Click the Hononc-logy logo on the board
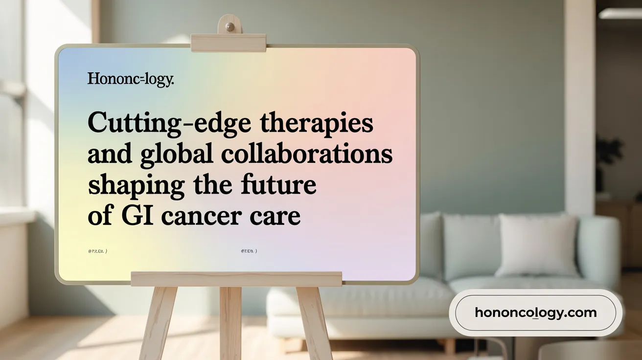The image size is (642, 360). pyautogui.click(x=130, y=79)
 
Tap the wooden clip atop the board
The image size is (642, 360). pyautogui.click(x=228, y=43)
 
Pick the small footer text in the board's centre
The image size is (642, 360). pyautogui.click(x=249, y=251)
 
